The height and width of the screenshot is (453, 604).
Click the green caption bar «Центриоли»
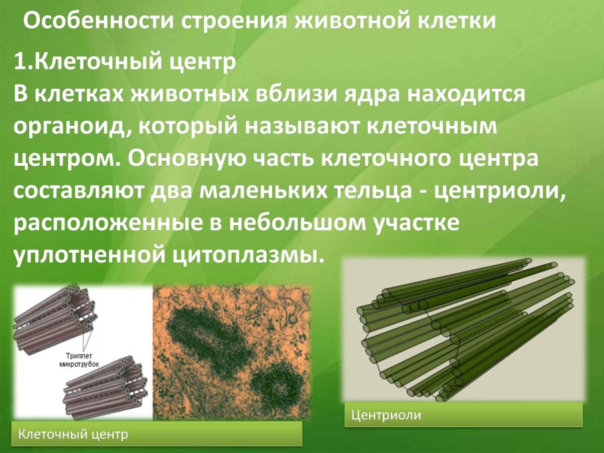(x=463, y=415)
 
